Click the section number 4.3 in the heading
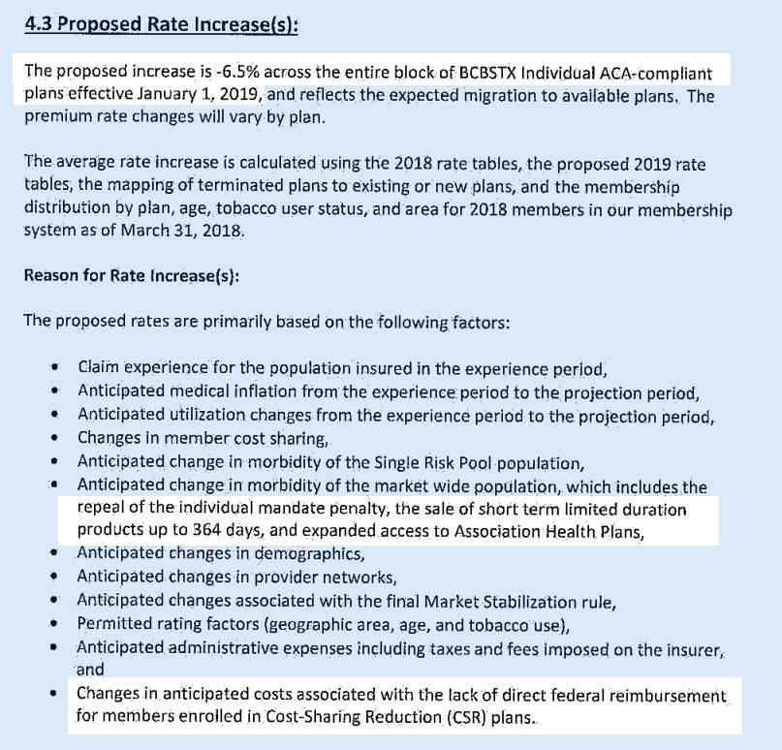41,23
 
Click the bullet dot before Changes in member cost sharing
57,438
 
